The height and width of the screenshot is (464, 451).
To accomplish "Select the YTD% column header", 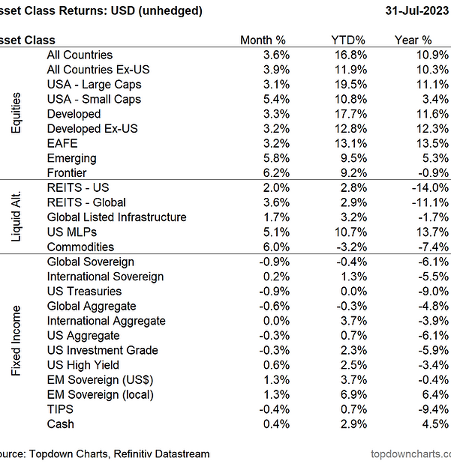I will coord(348,40).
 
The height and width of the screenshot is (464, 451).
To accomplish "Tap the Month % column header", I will coord(262,40).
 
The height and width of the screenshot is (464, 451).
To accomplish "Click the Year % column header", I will coord(413,40).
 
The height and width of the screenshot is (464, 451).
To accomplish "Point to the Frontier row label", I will coord(67,173).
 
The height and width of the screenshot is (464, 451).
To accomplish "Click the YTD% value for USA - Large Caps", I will coord(352,85).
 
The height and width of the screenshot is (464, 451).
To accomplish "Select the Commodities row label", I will coord(80,247).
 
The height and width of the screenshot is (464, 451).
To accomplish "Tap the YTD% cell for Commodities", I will coord(352,247).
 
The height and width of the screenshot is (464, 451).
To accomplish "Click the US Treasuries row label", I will coord(84,291).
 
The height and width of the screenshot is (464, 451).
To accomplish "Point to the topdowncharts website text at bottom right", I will coord(410,454).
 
